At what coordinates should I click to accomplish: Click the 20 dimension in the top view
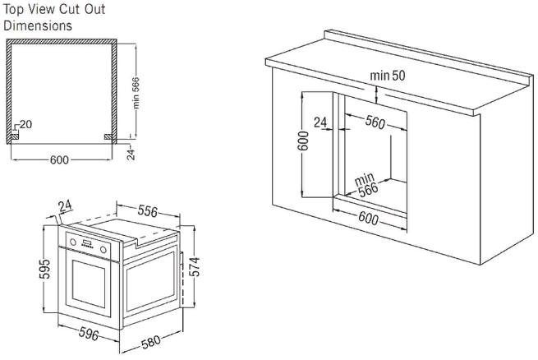(x=25, y=124)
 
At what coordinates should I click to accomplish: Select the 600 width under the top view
(x=59, y=159)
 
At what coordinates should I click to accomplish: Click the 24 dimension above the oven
(x=67, y=205)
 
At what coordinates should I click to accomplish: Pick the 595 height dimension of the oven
(x=46, y=270)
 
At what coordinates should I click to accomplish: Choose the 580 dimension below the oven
(x=150, y=338)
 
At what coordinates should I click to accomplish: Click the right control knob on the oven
(x=103, y=249)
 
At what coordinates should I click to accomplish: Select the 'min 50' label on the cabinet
(x=387, y=75)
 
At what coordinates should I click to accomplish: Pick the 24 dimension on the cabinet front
(x=321, y=122)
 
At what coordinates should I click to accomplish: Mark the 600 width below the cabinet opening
(x=369, y=218)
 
